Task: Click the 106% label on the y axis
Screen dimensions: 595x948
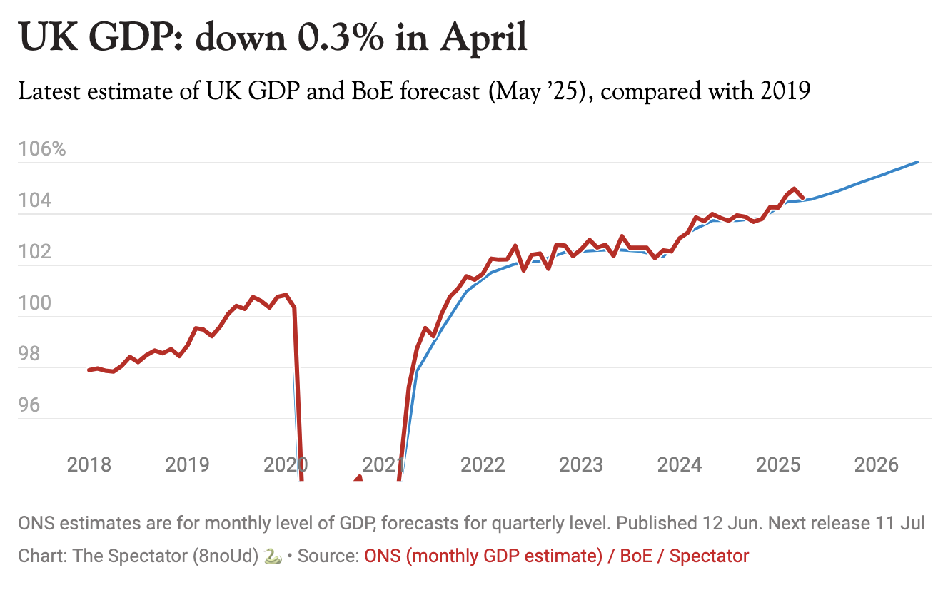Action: point(42,150)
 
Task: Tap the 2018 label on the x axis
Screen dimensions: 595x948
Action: point(89,465)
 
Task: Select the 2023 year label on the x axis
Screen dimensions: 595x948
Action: point(581,465)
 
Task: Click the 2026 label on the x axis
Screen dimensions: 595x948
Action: point(876,465)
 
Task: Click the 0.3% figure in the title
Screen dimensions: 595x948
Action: point(324,37)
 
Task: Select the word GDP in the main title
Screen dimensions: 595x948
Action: point(125,37)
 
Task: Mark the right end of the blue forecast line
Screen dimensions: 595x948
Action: point(917,162)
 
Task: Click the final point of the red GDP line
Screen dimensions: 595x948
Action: point(802,198)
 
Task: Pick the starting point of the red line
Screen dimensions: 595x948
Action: point(89,370)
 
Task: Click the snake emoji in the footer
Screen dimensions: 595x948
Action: point(271,556)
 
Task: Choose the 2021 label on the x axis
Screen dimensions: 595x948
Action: point(384,465)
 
